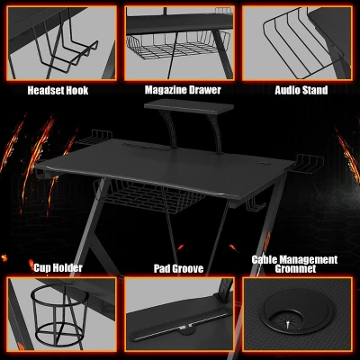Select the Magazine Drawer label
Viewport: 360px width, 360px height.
coord(183,90)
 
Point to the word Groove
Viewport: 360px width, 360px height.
coord(191,268)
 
